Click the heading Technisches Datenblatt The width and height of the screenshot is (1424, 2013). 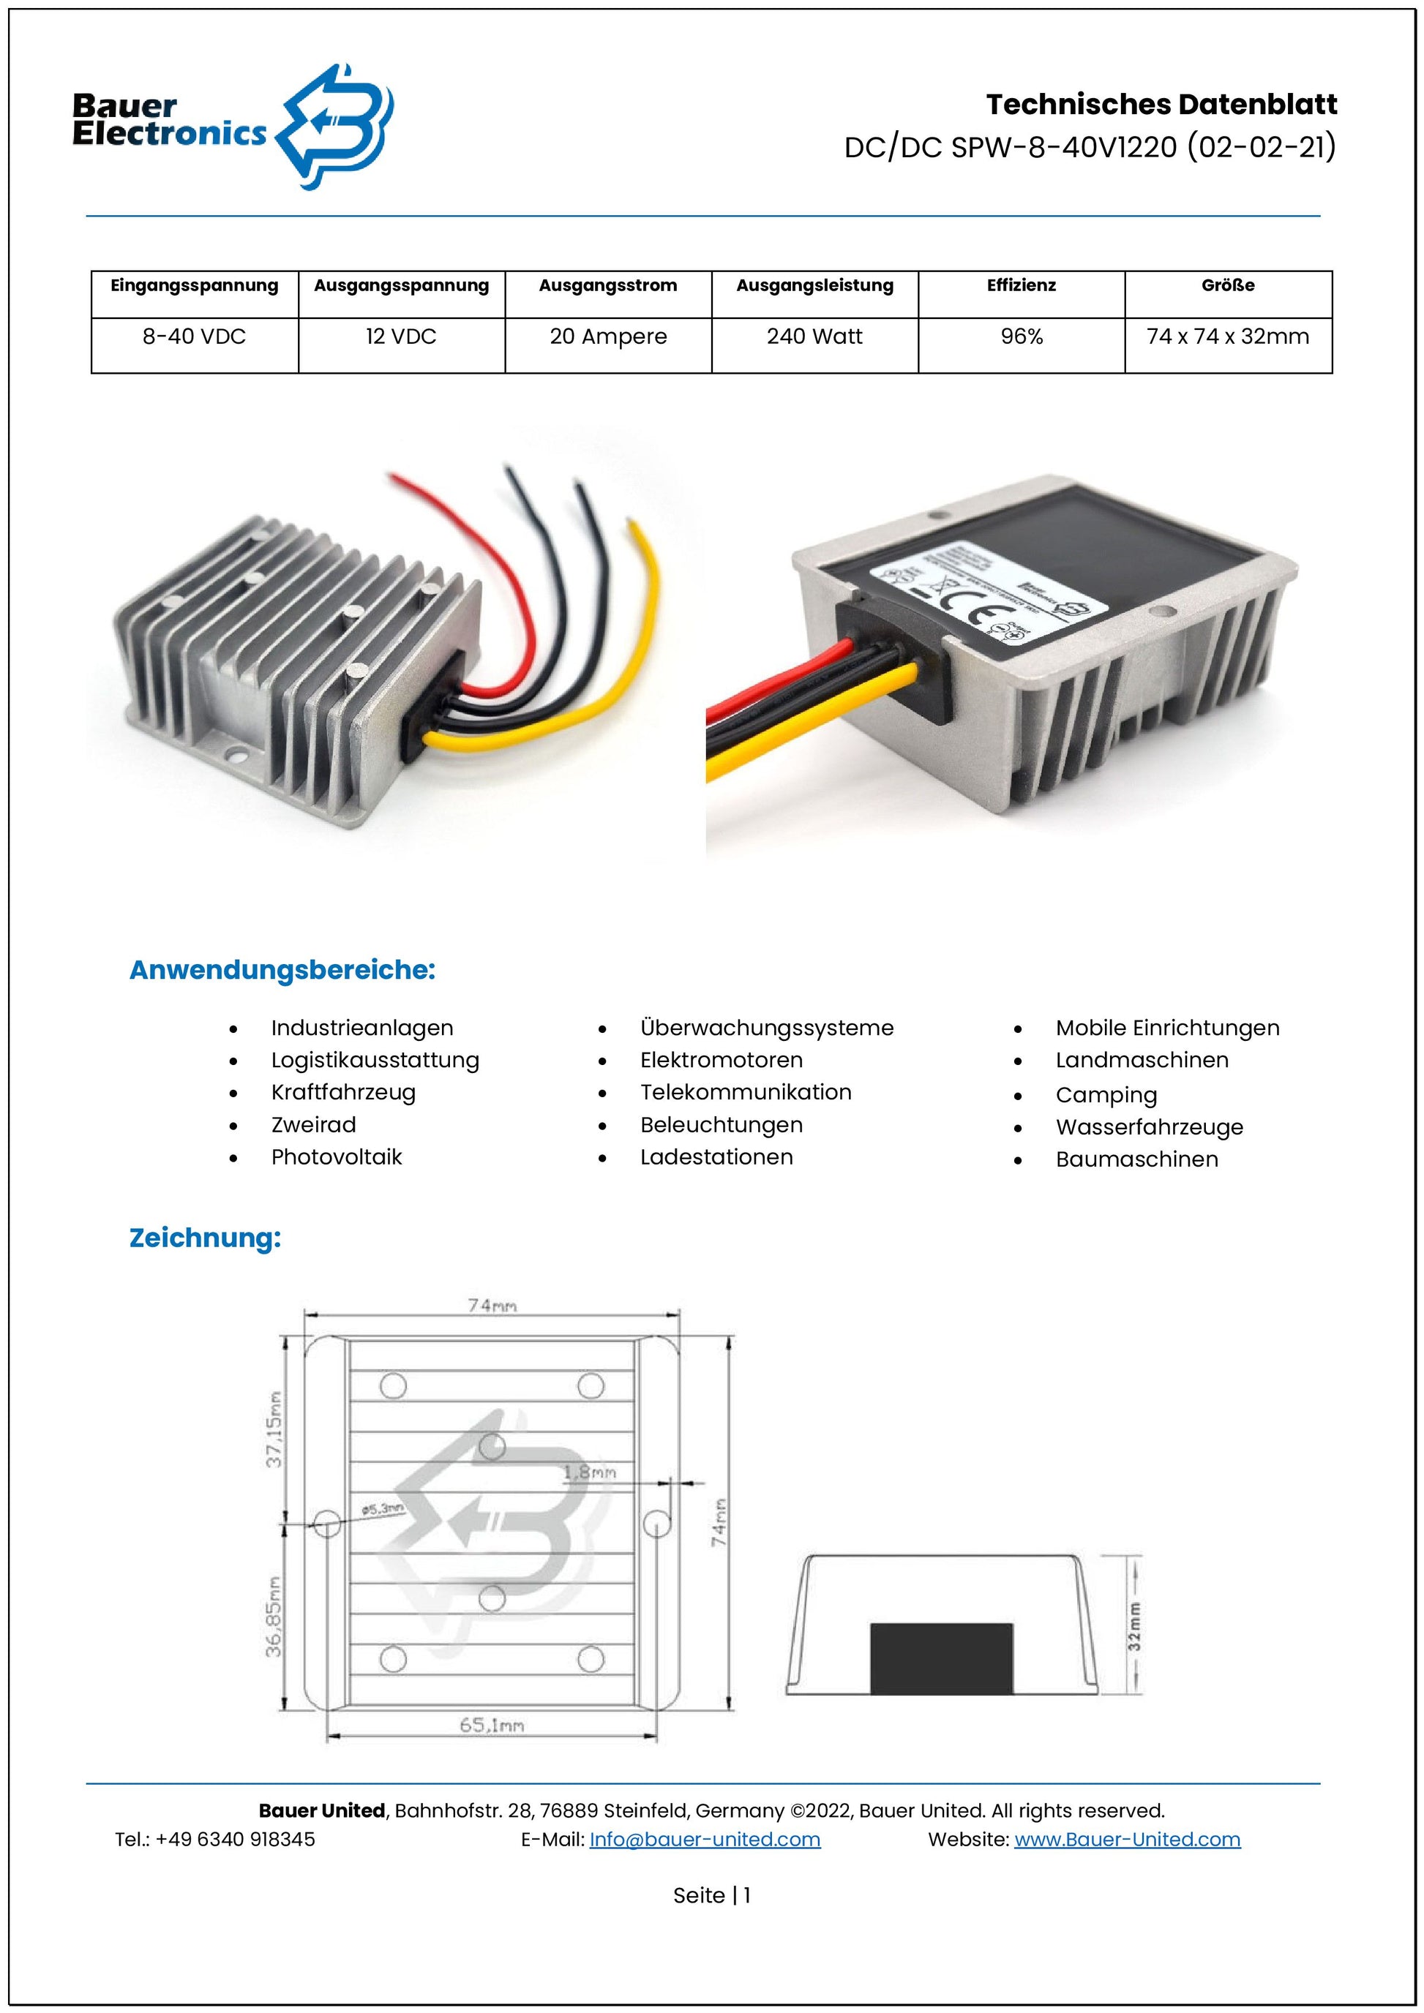[1161, 105]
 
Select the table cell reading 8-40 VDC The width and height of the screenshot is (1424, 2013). [194, 336]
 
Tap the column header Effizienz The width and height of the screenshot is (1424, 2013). [1021, 286]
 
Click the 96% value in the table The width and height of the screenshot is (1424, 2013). [1022, 336]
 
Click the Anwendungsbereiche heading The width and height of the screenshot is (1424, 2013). [282, 970]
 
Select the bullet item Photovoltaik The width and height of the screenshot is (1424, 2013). [336, 1156]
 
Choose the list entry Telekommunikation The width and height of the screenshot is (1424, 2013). [746, 1091]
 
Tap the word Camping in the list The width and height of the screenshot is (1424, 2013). [1106, 1095]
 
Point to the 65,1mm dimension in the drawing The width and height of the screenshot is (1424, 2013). [492, 1726]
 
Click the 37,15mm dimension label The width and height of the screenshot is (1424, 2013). [275, 1429]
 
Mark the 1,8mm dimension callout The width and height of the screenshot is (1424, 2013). [589, 1473]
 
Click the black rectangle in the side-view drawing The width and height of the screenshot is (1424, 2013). [941, 1658]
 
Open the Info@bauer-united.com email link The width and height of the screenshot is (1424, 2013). [704, 1840]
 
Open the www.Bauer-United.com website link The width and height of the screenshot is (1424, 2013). [1127, 1840]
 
